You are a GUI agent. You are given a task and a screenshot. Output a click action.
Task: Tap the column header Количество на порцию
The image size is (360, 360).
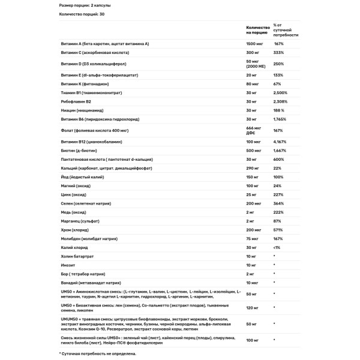pyautogui.click(x=256, y=31)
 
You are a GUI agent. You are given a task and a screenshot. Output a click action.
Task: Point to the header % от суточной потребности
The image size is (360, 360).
pyautogui.click(x=286, y=30)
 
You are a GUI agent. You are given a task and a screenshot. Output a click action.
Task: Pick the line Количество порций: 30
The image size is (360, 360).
pyautogui.click(x=82, y=13)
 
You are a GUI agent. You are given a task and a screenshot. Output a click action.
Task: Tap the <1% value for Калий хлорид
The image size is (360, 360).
pyautogui.click(x=277, y=247)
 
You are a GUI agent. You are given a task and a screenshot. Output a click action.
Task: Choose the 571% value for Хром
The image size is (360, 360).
pyautogui.click(x=278, y=229)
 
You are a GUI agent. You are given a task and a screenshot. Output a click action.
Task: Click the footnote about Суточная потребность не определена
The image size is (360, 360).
pyautogui.click(x=98, y=354)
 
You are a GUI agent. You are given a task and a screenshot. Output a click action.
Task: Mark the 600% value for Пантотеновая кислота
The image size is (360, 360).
pyautogui.click(x=278, y=159)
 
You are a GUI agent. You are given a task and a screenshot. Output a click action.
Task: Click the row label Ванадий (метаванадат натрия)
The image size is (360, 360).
pyautogui.click(x=88, y=282)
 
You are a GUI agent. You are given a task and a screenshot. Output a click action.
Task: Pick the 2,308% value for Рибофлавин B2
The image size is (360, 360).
pyautogui.click(x=281, y=101)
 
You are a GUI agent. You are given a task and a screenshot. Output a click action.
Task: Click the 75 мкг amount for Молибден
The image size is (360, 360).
pyautogui.click(x=253, y=238)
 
